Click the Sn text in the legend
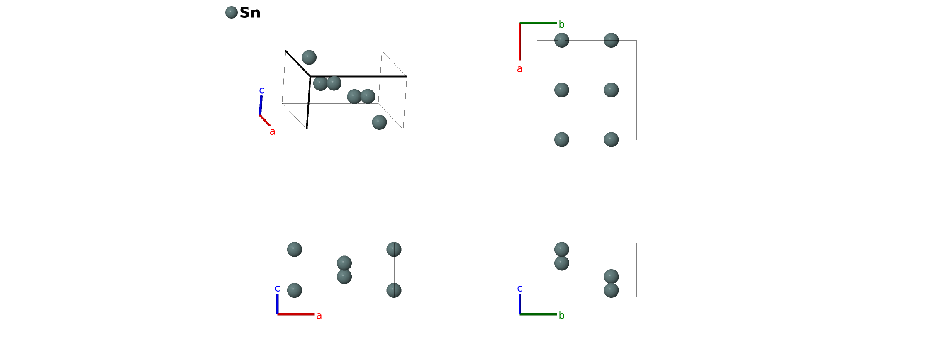(x=250, y=13)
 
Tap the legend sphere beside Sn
(x=232, y=12)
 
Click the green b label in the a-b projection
(x=561, y=24)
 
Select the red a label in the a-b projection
(x=519, y=69)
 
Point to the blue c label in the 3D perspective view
(x=261, y=90)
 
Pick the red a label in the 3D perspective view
(x=272, y=131)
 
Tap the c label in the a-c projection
(x=277, y=288)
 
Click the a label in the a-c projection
(x=319, y=316)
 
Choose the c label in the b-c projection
(x=519, y=288)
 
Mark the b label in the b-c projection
(x=561, y=315)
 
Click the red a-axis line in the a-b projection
(x=519, y=41)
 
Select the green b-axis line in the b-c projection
(x=538, y=314)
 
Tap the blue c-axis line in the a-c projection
(x=277, y=304)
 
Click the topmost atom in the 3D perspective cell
(x=309, y=57)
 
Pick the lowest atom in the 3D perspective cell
(x=379, y=122)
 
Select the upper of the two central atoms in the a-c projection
(x=344, y=263)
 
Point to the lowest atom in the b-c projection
(x=611, y=290)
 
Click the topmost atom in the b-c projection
(x=561, y=249)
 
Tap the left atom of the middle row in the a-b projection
(x=561, y=90)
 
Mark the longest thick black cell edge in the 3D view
(x=358, y=77)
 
